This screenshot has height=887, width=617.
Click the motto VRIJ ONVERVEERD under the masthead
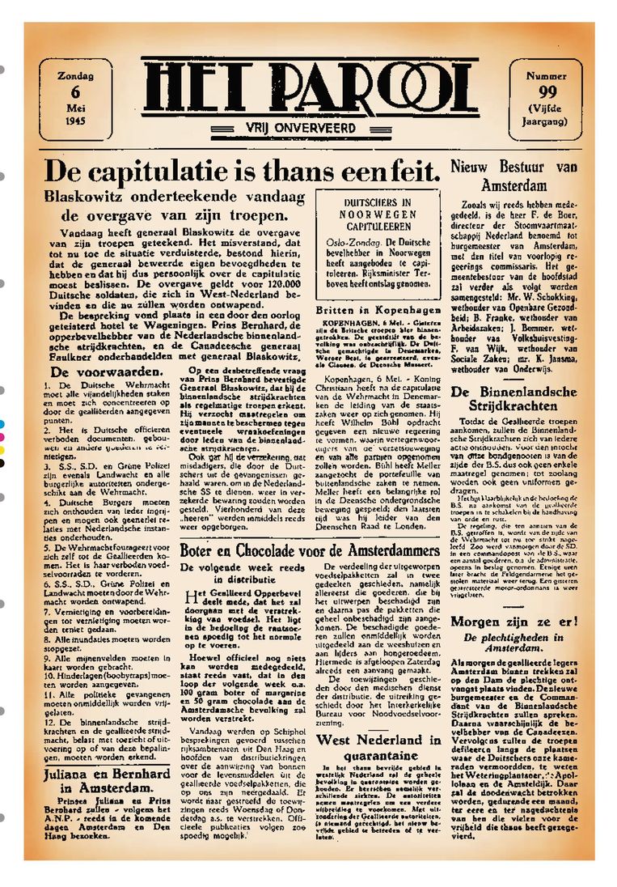[x=309, y=127]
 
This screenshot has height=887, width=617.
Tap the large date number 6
[x=74, y=91]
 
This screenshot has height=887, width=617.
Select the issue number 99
[x=547, y=91]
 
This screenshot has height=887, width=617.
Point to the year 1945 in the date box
[x=74, y=121]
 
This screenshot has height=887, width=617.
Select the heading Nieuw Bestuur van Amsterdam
[x=525, y=175]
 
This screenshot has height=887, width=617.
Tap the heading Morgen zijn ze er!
[x=525, y=622]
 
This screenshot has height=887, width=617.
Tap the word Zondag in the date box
[x=74, y=76]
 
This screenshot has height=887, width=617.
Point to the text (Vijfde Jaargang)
[x=547, y=115]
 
